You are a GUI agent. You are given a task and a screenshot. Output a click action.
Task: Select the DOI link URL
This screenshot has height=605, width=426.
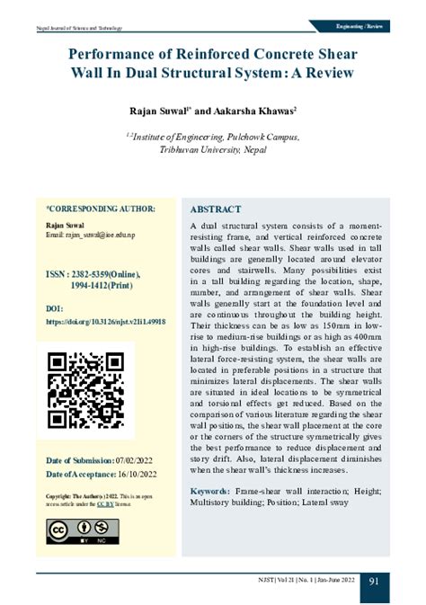(105, 321)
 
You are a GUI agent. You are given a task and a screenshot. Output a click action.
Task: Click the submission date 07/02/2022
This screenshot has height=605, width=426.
(138, 460)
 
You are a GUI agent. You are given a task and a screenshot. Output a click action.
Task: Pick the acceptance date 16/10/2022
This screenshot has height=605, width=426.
(138, 475)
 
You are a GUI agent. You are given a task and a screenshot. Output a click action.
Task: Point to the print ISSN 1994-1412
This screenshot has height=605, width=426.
(87, 285)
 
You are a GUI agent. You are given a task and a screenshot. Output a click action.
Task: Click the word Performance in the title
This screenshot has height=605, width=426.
(116, 56)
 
